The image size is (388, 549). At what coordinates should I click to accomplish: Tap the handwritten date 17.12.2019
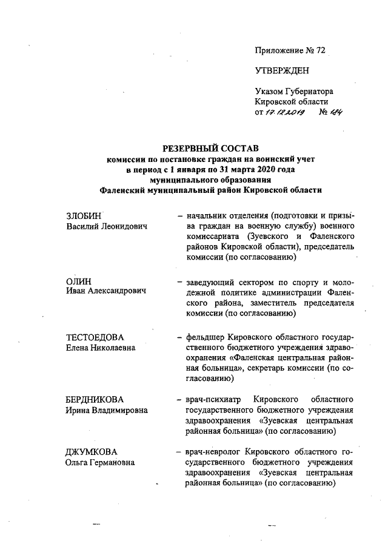click(285, 113)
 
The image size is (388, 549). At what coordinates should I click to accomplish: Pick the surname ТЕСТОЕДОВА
click(95, 337)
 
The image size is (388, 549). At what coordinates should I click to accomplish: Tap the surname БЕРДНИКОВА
click(94, 400)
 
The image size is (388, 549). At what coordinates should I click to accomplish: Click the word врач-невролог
click(210, 452)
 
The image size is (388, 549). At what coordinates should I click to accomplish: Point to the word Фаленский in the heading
click(126, 189)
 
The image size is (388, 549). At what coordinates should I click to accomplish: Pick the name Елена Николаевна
click(101, 348)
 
